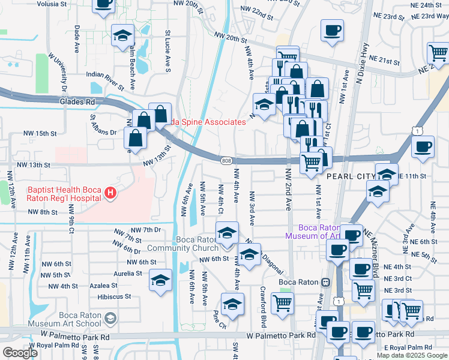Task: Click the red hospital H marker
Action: (110, 193)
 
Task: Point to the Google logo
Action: (20, 353)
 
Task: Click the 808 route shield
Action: (226, 160)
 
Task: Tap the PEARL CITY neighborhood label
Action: (350, 177)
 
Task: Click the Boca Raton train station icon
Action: (325, 282)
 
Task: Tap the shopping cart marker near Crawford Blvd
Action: (282, 302)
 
